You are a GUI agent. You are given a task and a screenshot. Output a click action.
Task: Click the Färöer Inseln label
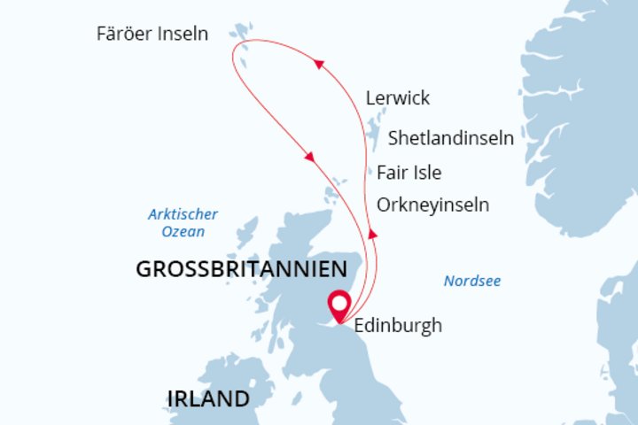coord(152,34)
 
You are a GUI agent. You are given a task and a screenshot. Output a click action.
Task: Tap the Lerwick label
coord(397,97)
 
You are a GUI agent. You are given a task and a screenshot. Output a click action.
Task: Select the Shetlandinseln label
coord(452,137)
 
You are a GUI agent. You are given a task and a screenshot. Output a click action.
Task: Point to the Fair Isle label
coord(408,172)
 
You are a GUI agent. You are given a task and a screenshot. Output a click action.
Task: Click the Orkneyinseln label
coord(432,205)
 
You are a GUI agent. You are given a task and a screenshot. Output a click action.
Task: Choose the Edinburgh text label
coord(397,326)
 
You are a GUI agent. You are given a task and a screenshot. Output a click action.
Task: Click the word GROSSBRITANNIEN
coord(239,270)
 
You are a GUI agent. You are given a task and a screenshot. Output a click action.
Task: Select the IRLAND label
coord(208,398)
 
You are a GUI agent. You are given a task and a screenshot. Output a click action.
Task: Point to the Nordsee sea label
coord(472,282)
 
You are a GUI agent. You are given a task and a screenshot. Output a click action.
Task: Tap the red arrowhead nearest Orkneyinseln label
coord(372,233)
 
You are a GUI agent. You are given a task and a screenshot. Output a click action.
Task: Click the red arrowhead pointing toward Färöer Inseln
coord(317,66)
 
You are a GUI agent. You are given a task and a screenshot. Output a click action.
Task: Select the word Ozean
coord(183,231)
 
